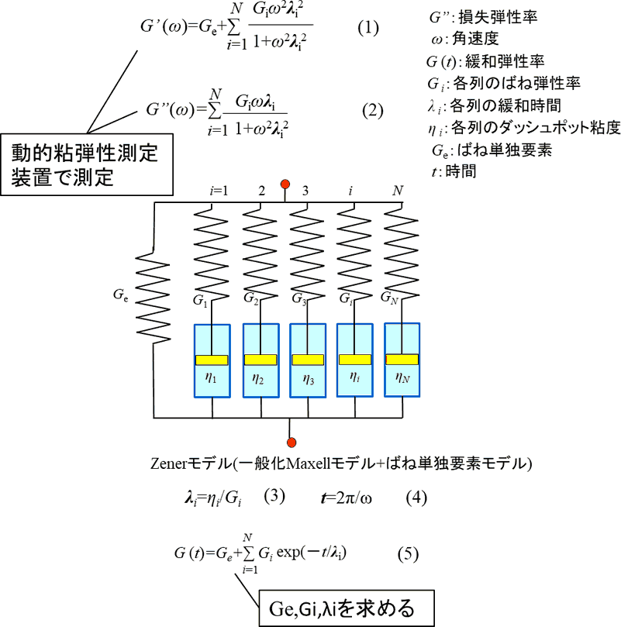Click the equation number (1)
tap(367, 29)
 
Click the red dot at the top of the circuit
tap(286, 184)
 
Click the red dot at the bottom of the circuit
tap(291, 442)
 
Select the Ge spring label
tap(121, 295)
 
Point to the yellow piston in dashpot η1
tap(212, 359)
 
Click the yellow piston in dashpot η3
tap(309, 359)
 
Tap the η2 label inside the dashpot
tap(260, 380)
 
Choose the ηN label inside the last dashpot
tap(403, 379)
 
